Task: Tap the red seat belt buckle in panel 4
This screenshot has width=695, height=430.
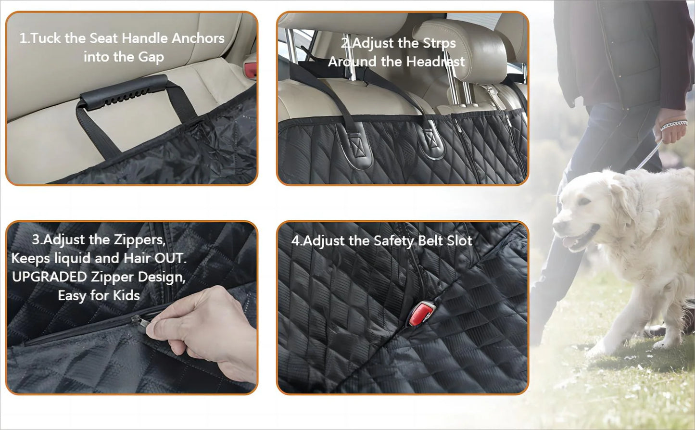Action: pos(420,313)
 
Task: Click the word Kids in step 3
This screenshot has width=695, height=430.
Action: pos(126,295)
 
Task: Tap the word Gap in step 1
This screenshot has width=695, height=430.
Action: pos(151,57)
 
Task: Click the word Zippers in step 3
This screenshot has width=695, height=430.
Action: pos(139,240)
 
